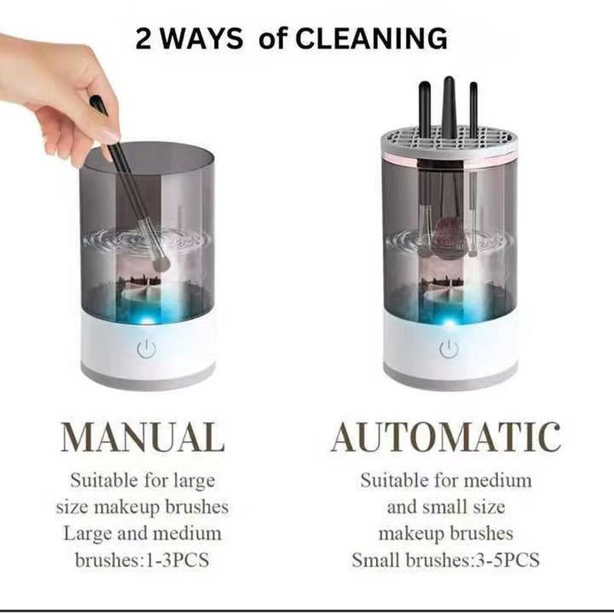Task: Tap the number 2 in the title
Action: (144, 38)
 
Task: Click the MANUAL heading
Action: (143, 437)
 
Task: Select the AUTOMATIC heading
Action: (446, 437)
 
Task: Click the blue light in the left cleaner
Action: (147, 315)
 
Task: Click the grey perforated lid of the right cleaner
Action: (449, 141)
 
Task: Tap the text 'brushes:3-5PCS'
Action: (485, 560)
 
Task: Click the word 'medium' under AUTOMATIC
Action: (501, 481)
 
